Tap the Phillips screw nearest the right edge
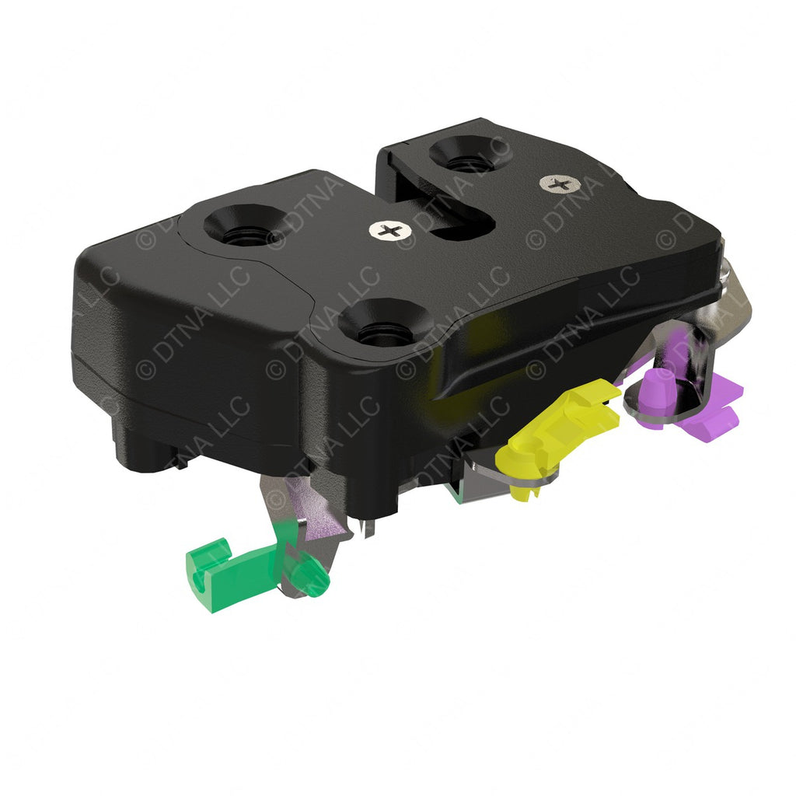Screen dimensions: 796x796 pyautogui.click(x=558, y=183)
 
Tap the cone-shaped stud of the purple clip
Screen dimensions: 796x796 pyautogui.click(x=661, y=383)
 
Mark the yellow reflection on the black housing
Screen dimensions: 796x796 pyautogui.click(x=447, y=365)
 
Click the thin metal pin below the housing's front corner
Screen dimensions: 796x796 pyautogui.click(x=368, y=529)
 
